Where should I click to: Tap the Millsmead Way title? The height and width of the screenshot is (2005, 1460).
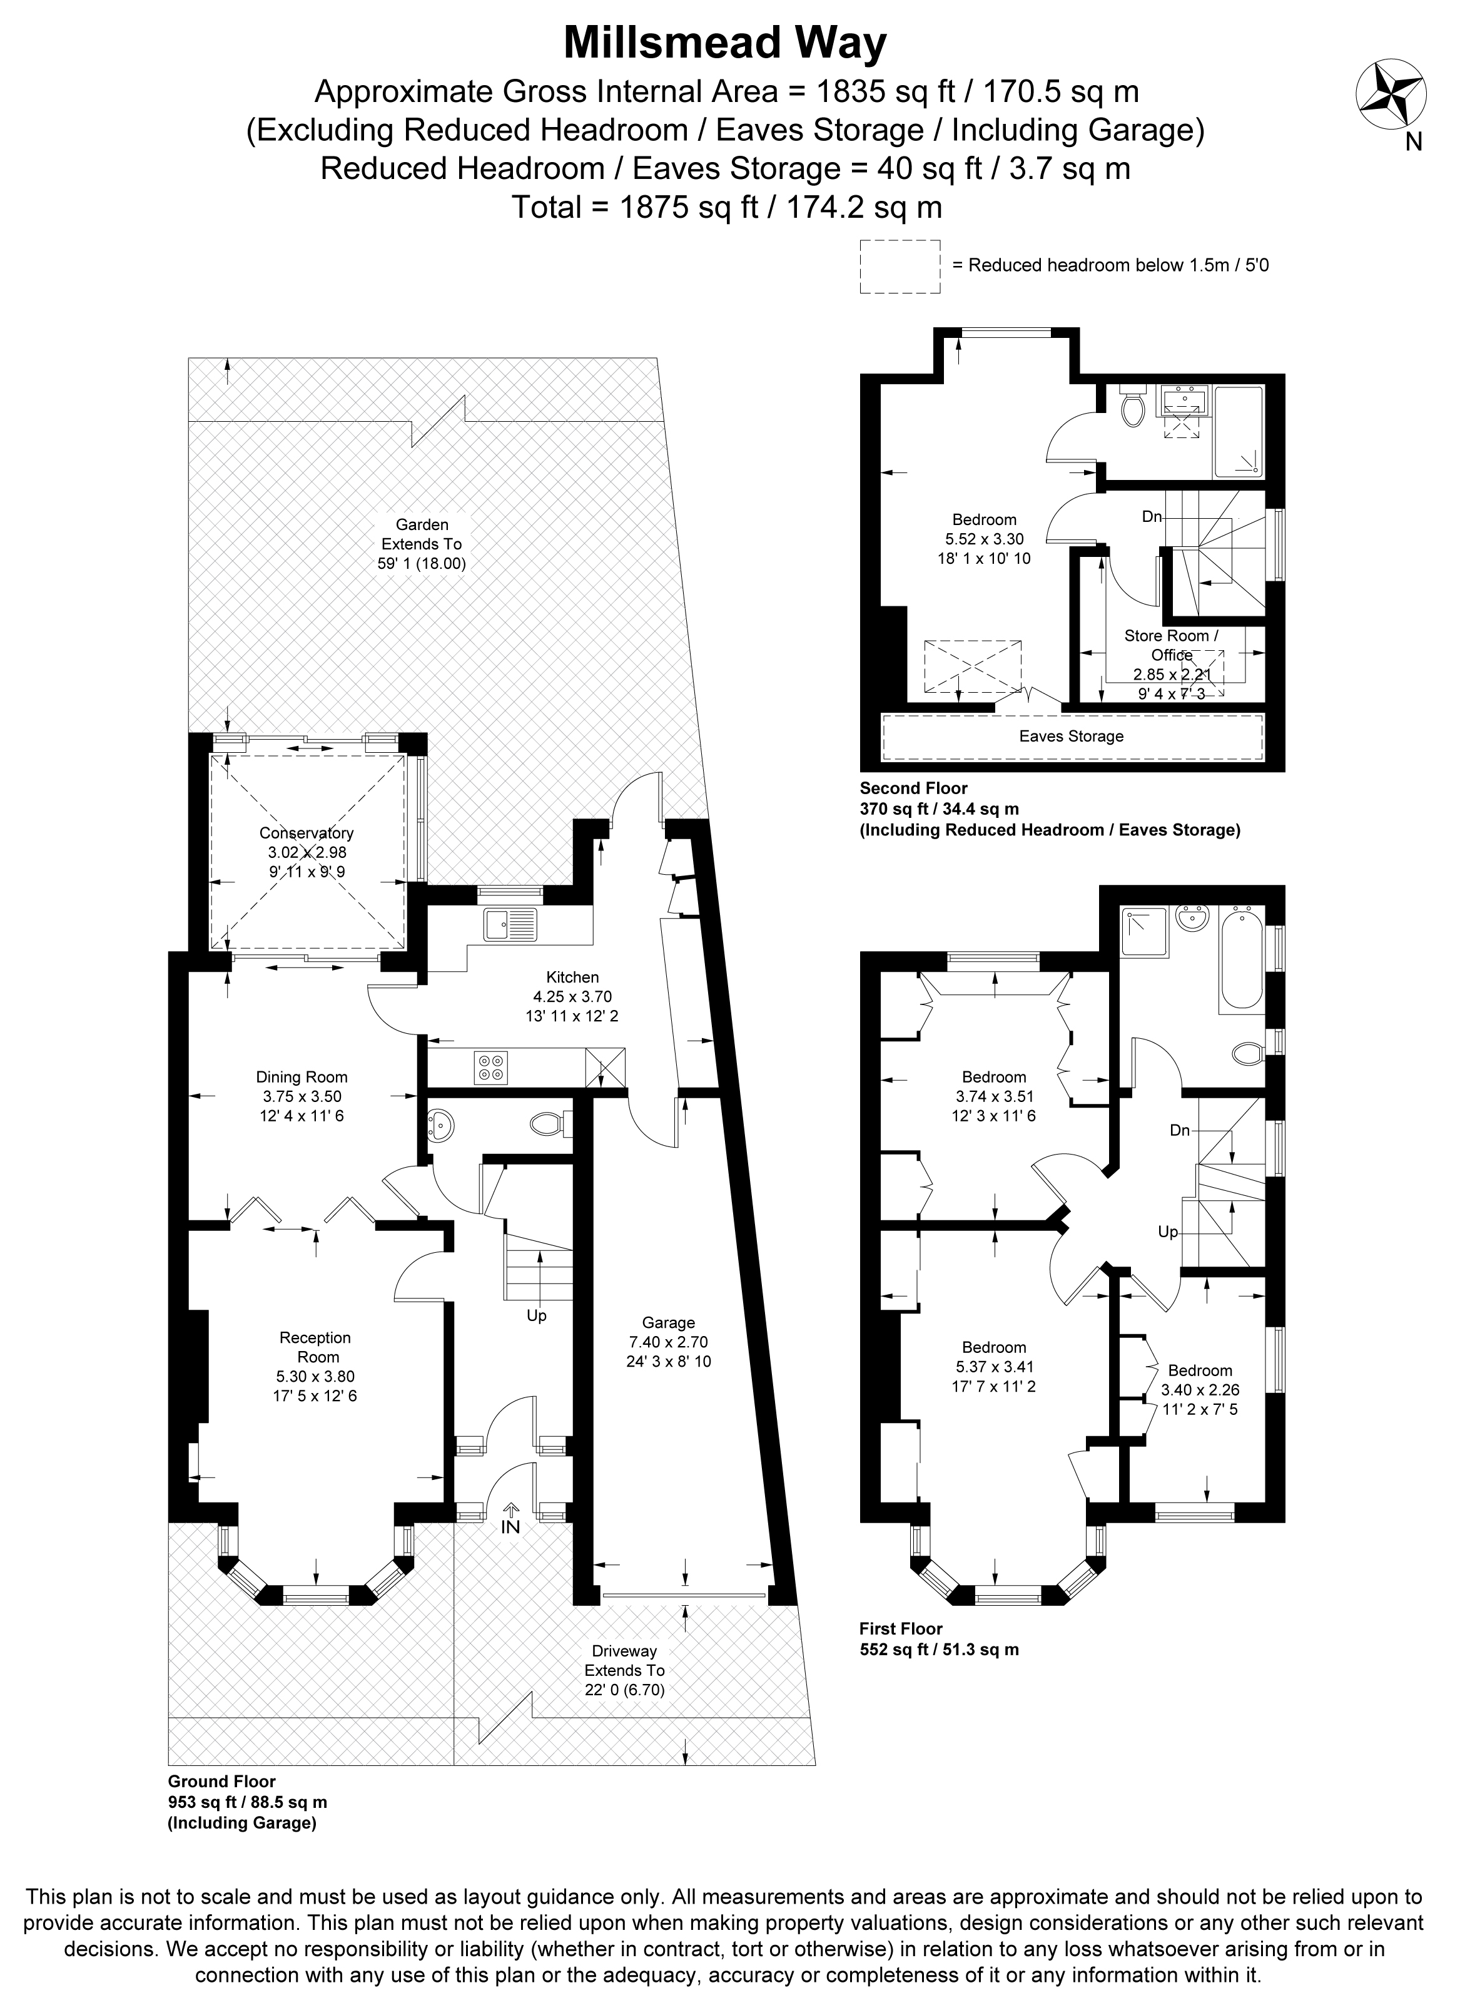[x=725, y=43]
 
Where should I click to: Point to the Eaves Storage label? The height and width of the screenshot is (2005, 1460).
[x=1071, y=737]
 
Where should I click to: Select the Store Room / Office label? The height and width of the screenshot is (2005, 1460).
[x=1171, y=645]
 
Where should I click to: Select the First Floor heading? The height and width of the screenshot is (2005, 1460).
[x=901, y=1628]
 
